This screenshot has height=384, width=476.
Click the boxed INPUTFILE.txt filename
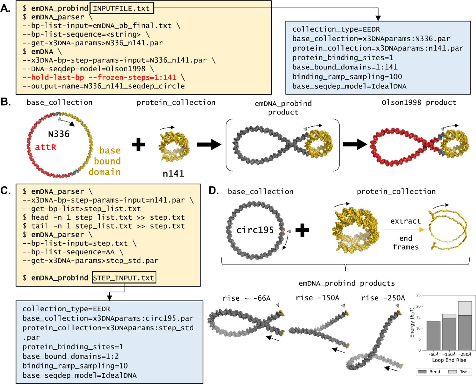click(x=122, y=8)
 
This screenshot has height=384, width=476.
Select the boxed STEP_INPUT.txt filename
click(x=124, y=278)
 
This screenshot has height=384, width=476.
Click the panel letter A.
click(x=6, y=8)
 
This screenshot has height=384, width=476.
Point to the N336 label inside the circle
click(x=59, y=134)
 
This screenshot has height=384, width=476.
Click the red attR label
click(x=46, y=147)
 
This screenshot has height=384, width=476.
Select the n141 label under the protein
click(x=173, y=173)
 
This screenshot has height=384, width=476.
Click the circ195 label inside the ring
click(x=255, y=230)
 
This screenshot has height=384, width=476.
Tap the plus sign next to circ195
click(x=302, y=230)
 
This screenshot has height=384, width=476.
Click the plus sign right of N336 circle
click(x=138, y=145)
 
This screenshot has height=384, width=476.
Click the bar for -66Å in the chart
click(x=433, y=336)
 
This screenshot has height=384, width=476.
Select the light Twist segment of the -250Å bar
click(x=465, y=308)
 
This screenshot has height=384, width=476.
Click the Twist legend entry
click(x=460, y=372)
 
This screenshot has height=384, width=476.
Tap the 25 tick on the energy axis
click(x=418, y=295)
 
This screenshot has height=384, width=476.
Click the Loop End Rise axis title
click(x=449, y=360)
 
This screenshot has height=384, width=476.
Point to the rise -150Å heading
click(x=317, y=298)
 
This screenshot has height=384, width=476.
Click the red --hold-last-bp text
click(x=53, y=77)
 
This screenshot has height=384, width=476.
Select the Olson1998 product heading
click(x=419, y=102)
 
